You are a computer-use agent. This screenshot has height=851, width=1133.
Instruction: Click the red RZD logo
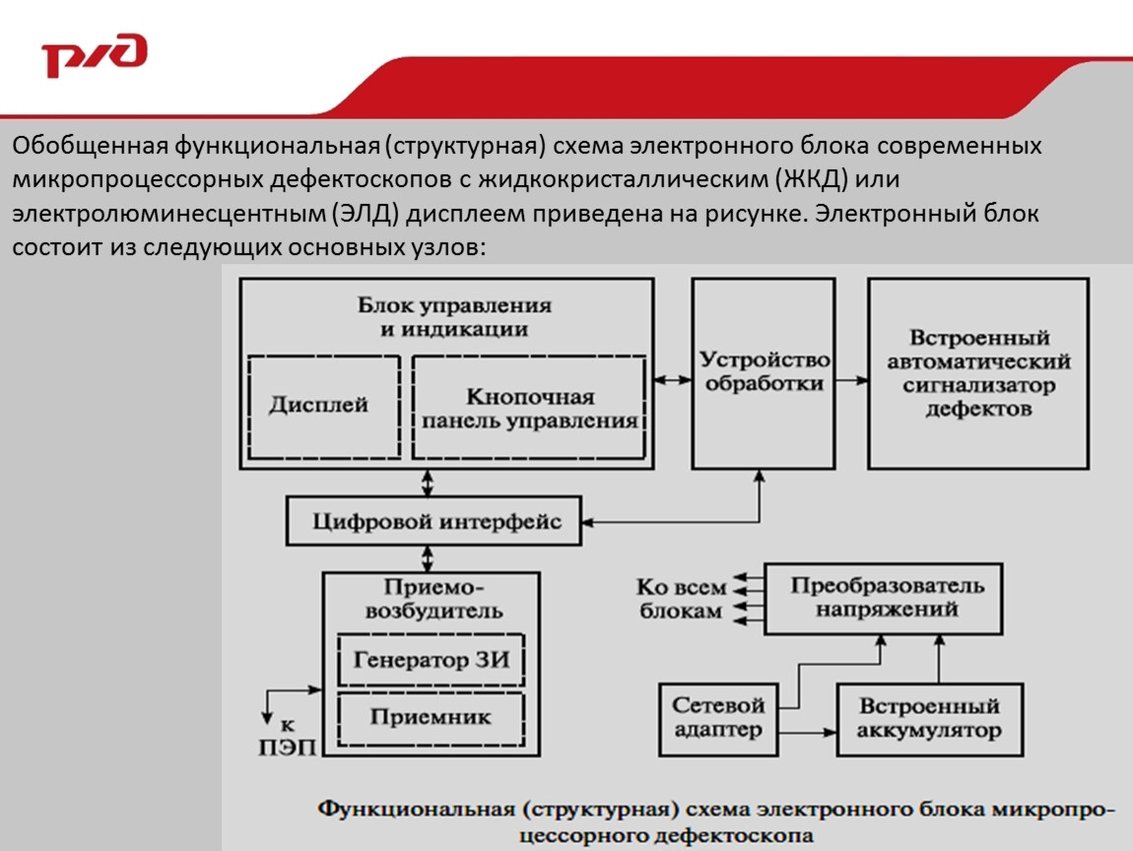pyautogui.click(x=95, y=54)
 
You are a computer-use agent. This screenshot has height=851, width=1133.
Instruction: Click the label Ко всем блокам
pyautogui.click(x=681, y=599)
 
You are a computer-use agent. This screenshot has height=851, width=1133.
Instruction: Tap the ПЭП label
pyautogui.click(x=288, y=747)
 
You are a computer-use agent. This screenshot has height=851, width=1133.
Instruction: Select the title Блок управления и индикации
pyautogui.click(x=454, y=317)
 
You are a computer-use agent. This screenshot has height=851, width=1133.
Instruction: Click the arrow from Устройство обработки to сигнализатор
pyautogui.click(x=852, y=380)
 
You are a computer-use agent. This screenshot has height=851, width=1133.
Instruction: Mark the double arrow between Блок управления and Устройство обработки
pyautogui.click(x=672, y=380)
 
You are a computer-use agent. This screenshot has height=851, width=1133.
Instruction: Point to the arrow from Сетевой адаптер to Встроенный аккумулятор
pyautogui.click(x=808, y=733)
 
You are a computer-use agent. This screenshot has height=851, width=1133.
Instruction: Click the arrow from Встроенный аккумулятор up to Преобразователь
pyautogui.click(x=939, y=659)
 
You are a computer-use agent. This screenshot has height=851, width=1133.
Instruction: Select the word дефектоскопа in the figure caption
pyautogui.click(x=734, y=836)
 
